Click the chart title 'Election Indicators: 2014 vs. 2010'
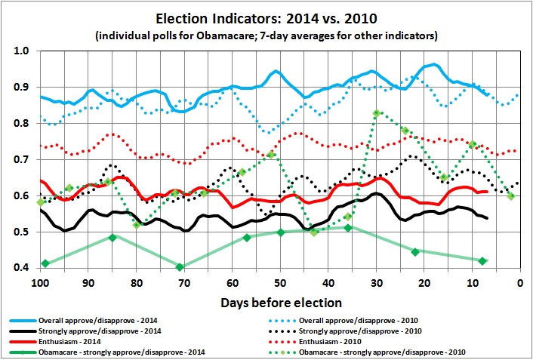click(266, 17)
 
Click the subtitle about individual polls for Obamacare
click(266, 35)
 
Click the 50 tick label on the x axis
click(279, 283)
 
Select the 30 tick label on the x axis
click(375, 283)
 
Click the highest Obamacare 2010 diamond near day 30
click(376, 113)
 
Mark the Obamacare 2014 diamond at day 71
click(180, 267)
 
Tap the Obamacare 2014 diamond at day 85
click(112, 237)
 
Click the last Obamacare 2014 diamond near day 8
click(482, 261)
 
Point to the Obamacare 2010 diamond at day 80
click(137, 225)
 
